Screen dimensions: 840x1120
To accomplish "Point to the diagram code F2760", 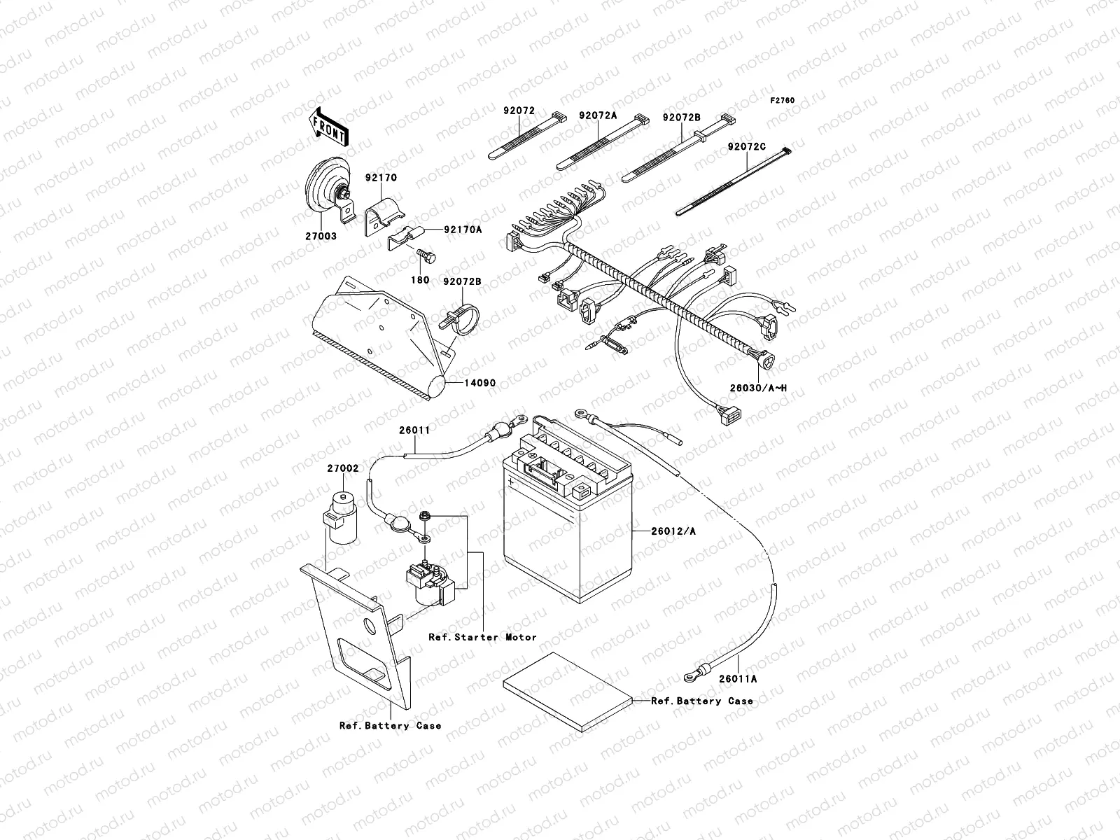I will (x=783, y=101).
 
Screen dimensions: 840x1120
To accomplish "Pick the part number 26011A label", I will (x=738, y=678).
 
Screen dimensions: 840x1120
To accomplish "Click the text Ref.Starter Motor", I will (x=482, y=637).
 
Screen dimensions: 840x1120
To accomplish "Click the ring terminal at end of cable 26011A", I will (x=691, y=676).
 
